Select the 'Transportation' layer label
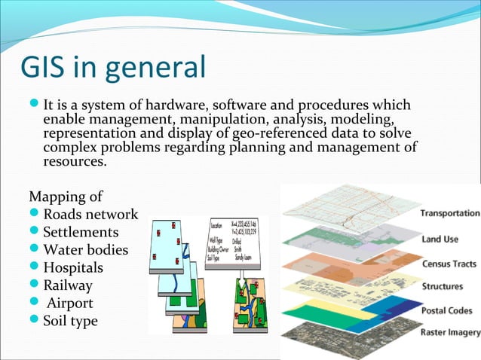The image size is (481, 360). [x=449, y=213]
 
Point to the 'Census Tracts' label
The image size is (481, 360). [x=448, y=264]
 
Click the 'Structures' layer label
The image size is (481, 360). [x=443, y=286]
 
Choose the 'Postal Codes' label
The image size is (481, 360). [x=447, y=310]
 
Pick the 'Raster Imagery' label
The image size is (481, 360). [x=450, y=333]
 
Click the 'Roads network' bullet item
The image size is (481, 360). [x=90, y=215]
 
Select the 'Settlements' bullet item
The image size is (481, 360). [x=81, y=232]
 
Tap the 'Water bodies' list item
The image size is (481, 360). [x=85, y=249]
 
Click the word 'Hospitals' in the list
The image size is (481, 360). [x=73, y=267]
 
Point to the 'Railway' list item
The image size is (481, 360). [x=68, y=285]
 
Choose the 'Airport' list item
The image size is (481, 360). [x=70, y=303]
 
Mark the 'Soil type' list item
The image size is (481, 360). [x=70, y=321]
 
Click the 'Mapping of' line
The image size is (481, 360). [x=66, y=197]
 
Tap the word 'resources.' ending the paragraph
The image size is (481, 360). [x=75, y=161]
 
